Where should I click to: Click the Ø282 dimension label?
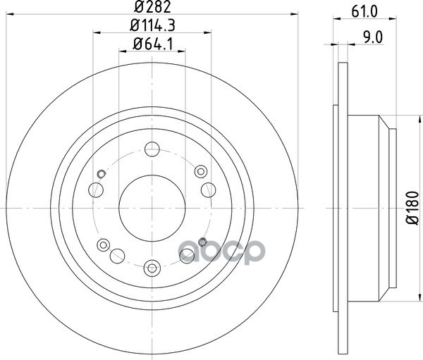[152, 7]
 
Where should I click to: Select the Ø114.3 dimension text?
[152, 25]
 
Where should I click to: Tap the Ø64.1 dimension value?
[152, 44]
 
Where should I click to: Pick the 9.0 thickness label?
[373, 37]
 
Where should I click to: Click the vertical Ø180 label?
[412, 208]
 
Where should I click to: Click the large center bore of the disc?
[152, 208]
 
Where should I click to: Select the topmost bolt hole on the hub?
[152, 149]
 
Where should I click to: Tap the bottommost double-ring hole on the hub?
[152, 268]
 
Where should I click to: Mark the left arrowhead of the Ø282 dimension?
[10, 14]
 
